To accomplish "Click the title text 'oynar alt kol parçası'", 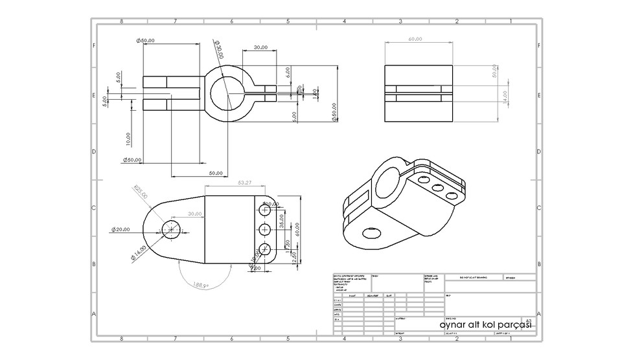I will pyautogui.click(x=485, y=324).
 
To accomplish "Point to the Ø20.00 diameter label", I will pyautogui.click(x=121, y=229).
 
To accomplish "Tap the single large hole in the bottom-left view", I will pyautogui.click(x=172, y=229).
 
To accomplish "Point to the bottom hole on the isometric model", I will pyautogui.click(x=371, y=231).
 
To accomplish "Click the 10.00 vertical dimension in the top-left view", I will pyautogui.click(x=128, y=139).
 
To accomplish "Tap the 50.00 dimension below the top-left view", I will pyautogui.click(x=215, y=173).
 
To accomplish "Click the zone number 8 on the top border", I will pyautogui.click(x=121, y=21).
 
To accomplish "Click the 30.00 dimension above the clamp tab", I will pyautogui.click(x=261, y=47).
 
